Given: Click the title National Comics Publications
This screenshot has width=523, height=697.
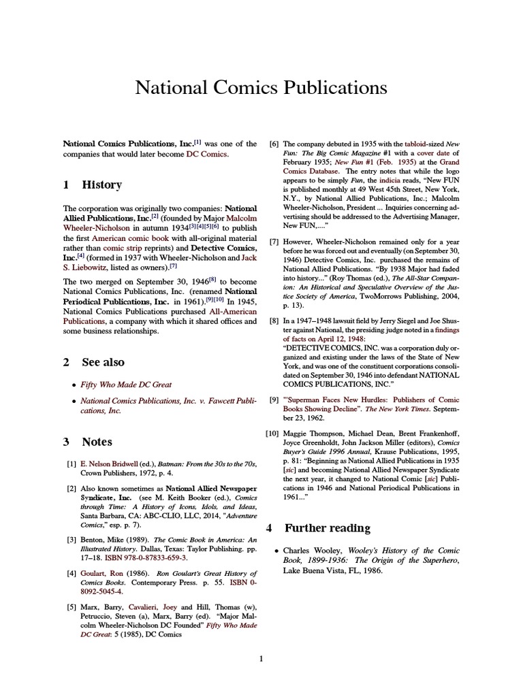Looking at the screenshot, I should pyautogui.click(x=261, y=88).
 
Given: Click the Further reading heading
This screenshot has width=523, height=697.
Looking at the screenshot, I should pyautogui.click(x=317, y=528).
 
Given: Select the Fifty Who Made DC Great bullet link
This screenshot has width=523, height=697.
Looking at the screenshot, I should pyautogui.click(x=126, y=385).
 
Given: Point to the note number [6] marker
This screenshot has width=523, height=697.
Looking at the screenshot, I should pyautogui.click(x=274, y=144).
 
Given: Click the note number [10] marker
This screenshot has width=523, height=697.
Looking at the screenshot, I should pyautogui.click(x=272, y=434).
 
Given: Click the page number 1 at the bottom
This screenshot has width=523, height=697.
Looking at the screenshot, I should pyautogui.click(x=261, y=658).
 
